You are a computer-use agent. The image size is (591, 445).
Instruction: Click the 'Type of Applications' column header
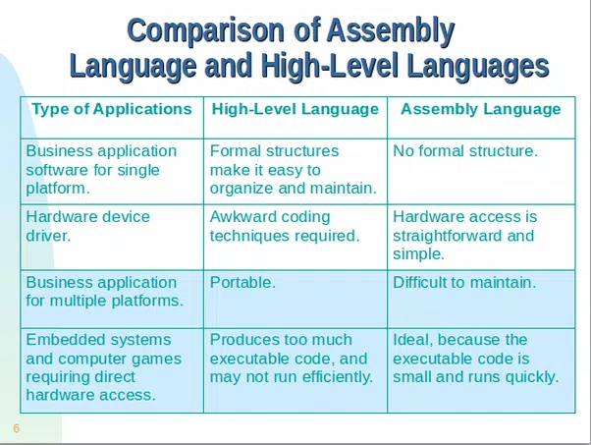pos(112,109)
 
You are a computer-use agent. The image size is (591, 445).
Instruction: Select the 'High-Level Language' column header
pos(295,109)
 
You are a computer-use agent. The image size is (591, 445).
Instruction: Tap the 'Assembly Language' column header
pos(481,109)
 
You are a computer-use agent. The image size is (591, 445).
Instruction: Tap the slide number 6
pos(17,428)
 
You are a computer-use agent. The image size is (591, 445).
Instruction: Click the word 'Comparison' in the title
pos(206,30)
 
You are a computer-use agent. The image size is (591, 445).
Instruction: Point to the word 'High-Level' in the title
pos(330,66)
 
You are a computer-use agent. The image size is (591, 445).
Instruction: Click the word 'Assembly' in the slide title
pos(391,31)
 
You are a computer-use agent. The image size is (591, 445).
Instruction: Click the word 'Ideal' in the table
pos(412,340)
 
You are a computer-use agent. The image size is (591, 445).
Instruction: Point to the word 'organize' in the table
pos(240,189)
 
